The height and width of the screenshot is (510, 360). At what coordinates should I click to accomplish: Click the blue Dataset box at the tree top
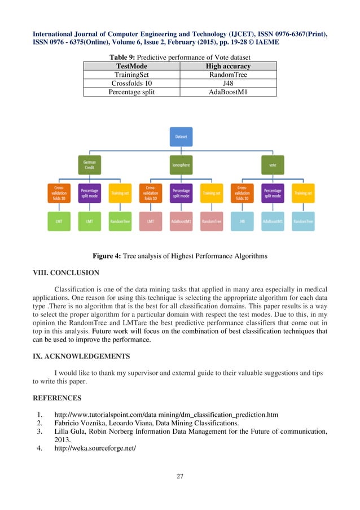point(181,137)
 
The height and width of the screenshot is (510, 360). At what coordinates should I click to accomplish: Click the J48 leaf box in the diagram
point(242,221)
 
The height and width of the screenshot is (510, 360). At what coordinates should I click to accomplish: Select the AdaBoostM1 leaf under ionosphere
point(181,221)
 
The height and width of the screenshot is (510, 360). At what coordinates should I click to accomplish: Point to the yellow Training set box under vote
point(303,193)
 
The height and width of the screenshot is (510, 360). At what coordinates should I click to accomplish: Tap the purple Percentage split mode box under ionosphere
point(181,193)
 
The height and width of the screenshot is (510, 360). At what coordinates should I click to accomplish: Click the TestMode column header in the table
point(131,66)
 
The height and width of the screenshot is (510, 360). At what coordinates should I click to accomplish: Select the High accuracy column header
point(228,66)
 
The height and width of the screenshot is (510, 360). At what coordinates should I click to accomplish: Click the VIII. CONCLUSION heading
point(67,272)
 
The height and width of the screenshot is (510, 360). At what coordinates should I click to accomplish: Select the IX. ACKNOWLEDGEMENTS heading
point(83,357)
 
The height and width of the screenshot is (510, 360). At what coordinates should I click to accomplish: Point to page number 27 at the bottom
point(180,477)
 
